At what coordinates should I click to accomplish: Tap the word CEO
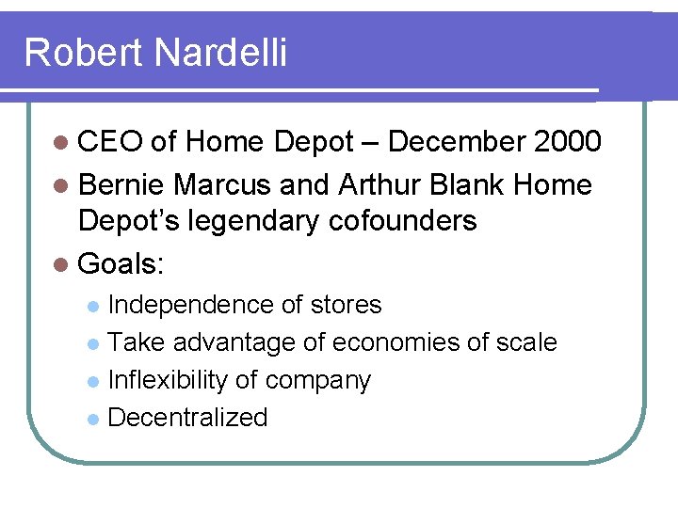coord(110,142)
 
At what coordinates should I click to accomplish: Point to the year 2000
coord(566,142)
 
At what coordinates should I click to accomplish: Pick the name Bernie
coord(121,184)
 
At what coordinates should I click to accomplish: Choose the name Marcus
coord(226,184)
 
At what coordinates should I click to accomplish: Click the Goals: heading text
coord(121,264)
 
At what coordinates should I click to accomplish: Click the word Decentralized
coord(187,418)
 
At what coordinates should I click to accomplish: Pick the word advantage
coord(234,343)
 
